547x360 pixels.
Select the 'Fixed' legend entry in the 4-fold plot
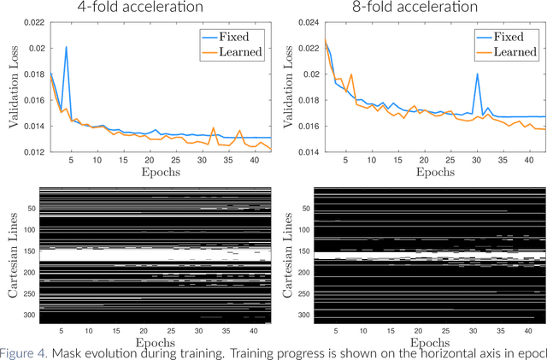[x=243, y=37]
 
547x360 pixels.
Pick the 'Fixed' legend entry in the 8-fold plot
[x=517, y=37]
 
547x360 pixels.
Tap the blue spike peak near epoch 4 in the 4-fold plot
[x=66, y=48]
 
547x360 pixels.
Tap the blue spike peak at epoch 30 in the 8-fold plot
[x=477, y=74]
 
